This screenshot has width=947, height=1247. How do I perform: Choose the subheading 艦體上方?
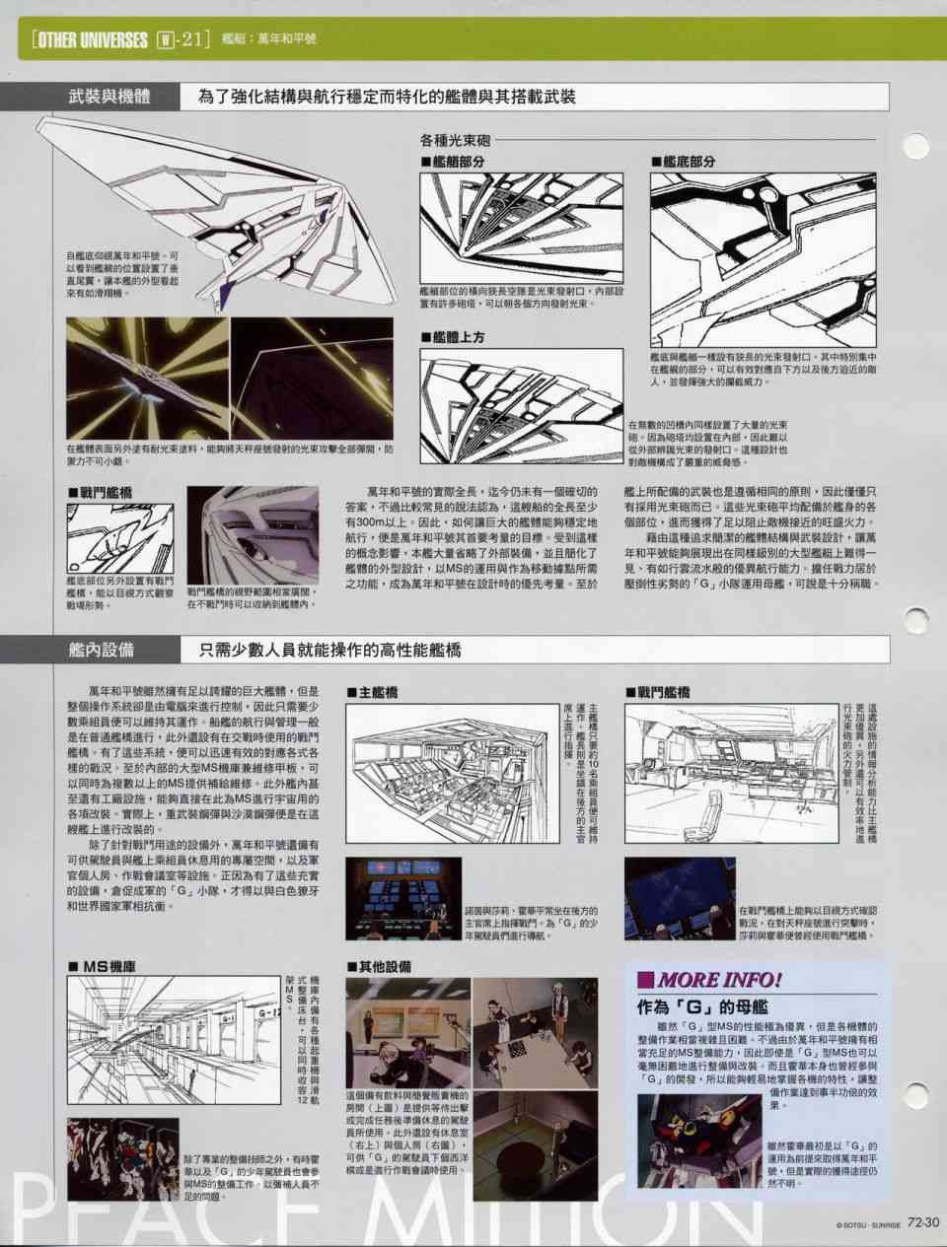(458, 337)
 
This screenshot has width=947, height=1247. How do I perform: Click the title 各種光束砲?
(455, 140)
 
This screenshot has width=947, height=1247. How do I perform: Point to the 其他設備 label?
(380, 967)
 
